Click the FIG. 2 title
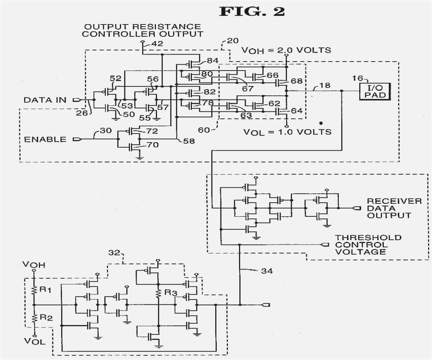tap(252, 12)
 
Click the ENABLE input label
tap(45, 140)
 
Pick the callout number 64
tap(298, 110)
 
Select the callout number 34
tap(266, 271)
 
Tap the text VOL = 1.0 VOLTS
tap(287, 132)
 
